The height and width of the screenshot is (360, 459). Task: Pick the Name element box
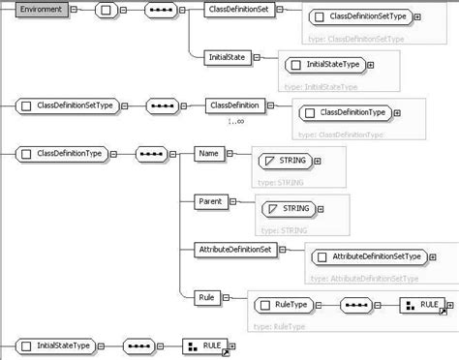click(x=208, y=153)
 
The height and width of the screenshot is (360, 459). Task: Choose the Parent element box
click(x=210, y=201)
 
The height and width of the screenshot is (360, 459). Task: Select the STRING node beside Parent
click(x=289, y=207)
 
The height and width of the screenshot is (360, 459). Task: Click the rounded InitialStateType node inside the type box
click(x=325, y=65)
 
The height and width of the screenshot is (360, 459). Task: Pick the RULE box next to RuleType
click(x=420, y=304)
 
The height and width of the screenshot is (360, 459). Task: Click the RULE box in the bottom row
click(x=204, y=344)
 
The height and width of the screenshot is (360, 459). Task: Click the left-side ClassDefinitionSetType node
click(x=66, y=104)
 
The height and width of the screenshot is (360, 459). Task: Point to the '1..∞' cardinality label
click(x=236, y=121)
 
